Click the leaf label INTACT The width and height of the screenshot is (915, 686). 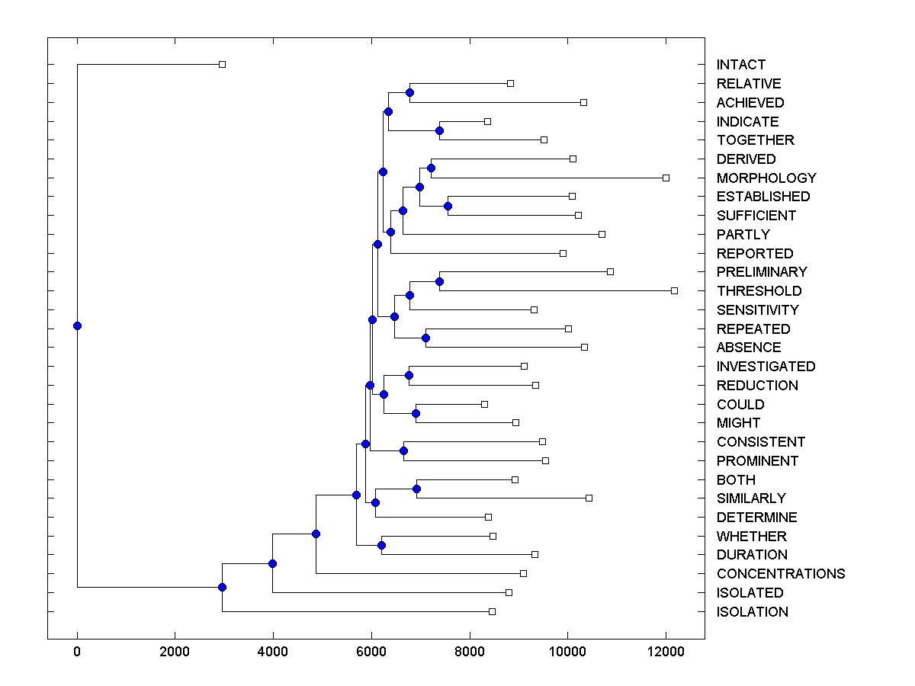pos(740,65)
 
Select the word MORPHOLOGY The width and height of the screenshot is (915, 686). pos(766,178)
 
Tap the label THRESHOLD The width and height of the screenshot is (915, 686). pos(759,291)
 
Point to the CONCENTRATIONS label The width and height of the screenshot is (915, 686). pos(780,574)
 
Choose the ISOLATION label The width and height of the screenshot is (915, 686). pos(752,612)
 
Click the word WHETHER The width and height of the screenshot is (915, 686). pos(751,537)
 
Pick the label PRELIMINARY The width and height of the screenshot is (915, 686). pos(761,272)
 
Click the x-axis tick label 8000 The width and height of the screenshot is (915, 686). pos(469,652)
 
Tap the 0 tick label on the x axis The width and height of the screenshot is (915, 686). pos(77,652)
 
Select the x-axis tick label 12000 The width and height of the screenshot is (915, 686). pos(665,652)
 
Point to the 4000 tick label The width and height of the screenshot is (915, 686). pos(273,652)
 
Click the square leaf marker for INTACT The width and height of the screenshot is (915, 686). pos(222,65)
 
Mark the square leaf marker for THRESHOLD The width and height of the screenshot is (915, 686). pos(674,290)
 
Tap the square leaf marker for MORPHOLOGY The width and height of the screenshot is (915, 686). pos(666,178)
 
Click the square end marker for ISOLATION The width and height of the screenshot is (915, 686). pos(492,611)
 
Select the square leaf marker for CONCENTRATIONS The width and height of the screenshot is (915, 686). pos(523,573)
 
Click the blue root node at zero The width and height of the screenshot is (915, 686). pos(77,325)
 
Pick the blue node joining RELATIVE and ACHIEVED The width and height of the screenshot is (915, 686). pos(409,92)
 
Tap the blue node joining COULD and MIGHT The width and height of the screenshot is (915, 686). pos(416,413)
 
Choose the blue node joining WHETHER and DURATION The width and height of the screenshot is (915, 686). pos(381,545)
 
